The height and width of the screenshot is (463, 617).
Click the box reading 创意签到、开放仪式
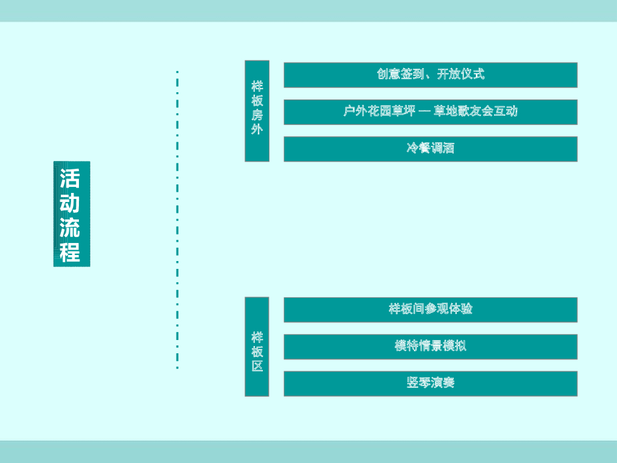(x=430, y=75)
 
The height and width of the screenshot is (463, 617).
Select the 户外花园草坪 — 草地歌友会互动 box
(x=430, y=112)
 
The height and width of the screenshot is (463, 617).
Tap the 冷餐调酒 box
(x=430, y=149)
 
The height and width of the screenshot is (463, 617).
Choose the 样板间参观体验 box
(x=430, y=309)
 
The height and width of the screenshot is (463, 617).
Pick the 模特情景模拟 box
(x=430, y=347)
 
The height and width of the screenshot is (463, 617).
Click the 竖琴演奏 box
(x=430, y=383)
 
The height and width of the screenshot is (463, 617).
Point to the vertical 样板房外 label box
(x=257, y=111)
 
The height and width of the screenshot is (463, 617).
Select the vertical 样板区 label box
(x=257, y=346)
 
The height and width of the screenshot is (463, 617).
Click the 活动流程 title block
(x=71, y=214)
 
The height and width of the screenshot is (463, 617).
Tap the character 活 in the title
(x=70, y=178)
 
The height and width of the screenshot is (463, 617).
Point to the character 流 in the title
(x=70, y=227)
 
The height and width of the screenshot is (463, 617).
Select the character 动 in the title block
(x=70, y=203)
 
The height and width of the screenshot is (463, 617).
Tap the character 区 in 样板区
(x=257, y=366)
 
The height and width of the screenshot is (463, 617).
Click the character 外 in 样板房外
(x=257, y=129)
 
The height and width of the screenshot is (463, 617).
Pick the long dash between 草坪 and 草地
(x=425, y=112)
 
